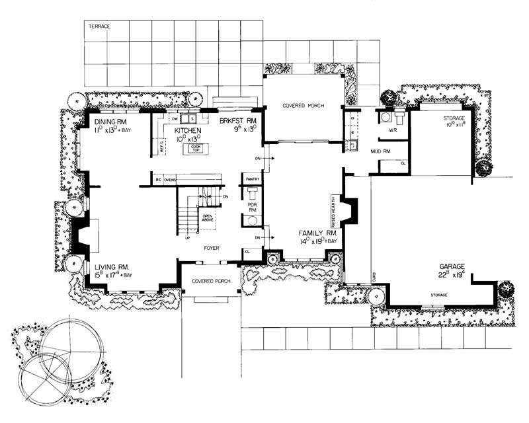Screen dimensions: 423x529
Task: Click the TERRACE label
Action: click(99, 26)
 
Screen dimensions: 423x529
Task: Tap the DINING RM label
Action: click(110, 122)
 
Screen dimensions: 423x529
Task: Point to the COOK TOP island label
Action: click(193, 148)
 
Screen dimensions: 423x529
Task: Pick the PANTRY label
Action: click(252, 179)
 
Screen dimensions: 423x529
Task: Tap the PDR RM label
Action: click(252, 208)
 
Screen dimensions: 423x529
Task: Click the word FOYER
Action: click(212, 249)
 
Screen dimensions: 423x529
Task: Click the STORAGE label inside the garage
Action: click(440, 295)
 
